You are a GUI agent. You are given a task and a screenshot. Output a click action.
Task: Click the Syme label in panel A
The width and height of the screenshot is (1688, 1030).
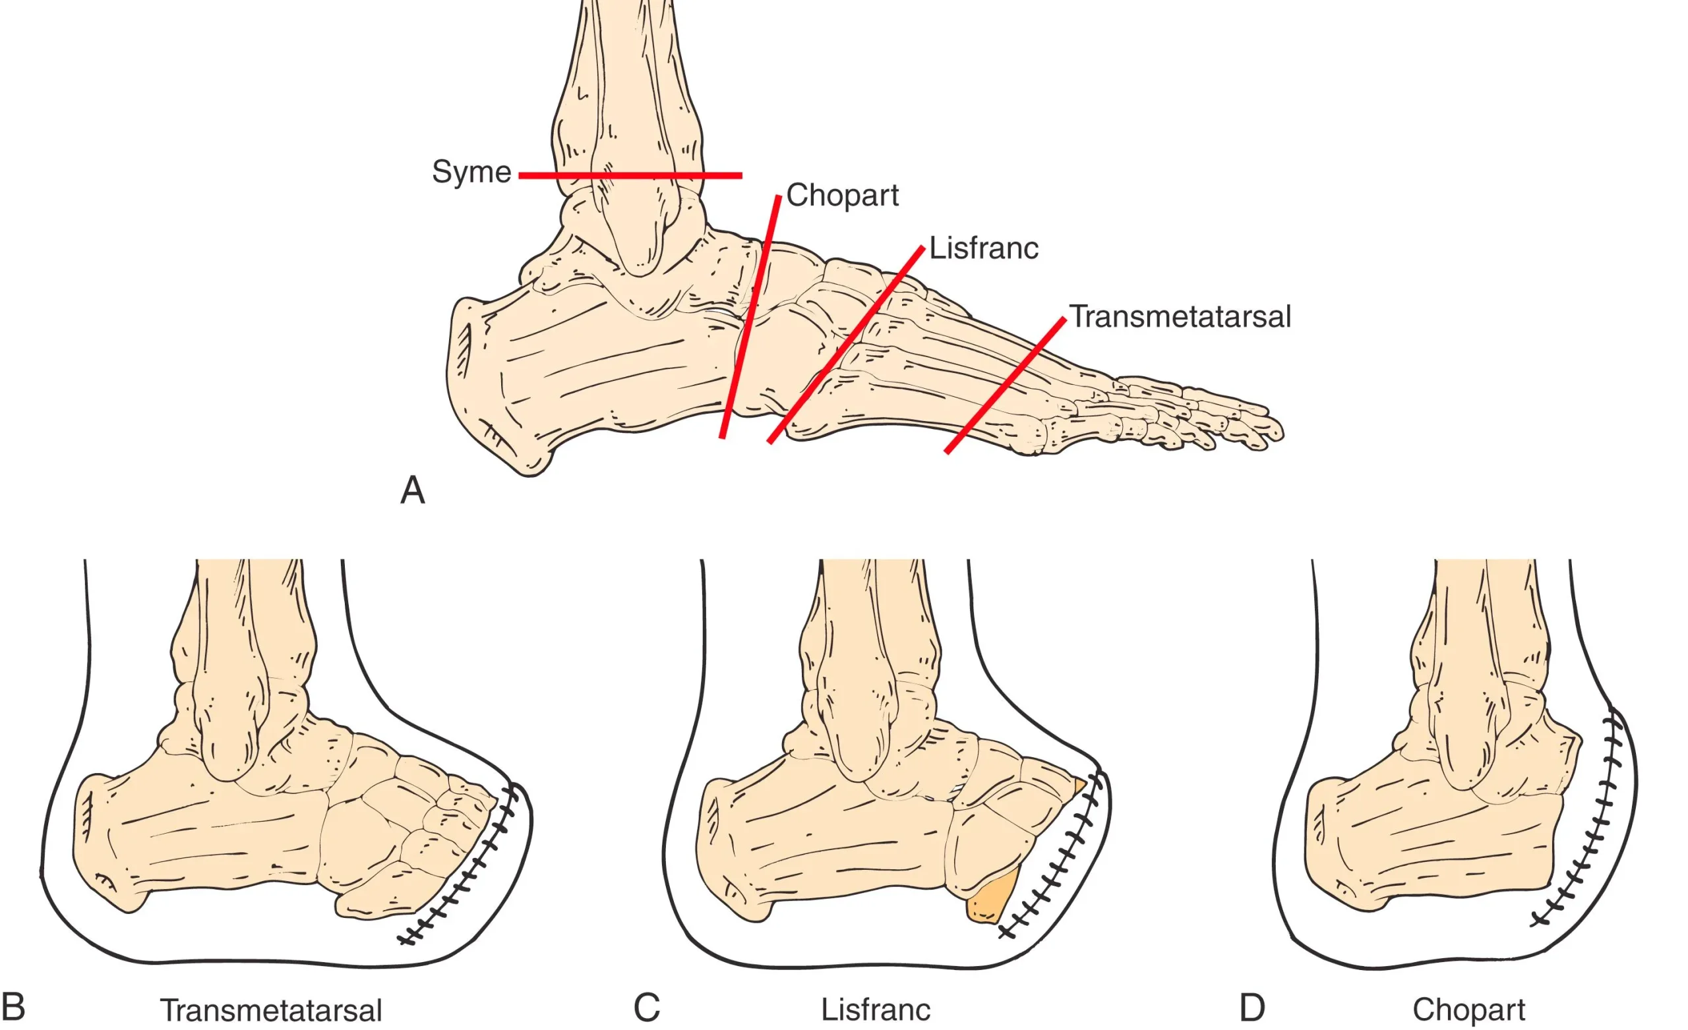(x=471, y=171)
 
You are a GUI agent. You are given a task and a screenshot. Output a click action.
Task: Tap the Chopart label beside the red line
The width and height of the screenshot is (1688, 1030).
(x=842, y=196)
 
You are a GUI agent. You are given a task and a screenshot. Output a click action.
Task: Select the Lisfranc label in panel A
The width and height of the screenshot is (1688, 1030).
(x=983, y=248)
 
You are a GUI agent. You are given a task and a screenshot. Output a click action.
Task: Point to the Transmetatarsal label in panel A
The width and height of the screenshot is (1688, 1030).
(x=1180, y=316)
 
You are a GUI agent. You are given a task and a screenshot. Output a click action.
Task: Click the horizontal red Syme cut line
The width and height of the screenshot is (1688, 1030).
(x=630, y=176)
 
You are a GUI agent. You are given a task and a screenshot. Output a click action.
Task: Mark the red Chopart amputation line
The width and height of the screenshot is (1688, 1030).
(x=750, y=316)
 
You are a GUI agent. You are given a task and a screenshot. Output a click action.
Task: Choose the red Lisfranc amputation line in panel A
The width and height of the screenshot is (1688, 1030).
(x=846, y=345)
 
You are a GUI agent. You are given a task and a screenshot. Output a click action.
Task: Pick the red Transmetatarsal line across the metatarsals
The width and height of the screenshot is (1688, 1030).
(x=1005, y=386)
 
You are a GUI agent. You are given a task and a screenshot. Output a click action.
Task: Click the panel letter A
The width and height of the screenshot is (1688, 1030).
(x=412, y=490)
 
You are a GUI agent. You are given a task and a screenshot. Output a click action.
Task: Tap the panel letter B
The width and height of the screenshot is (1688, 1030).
(x=13, y=1007)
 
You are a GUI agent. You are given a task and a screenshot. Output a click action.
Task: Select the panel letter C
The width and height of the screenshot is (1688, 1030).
(x=646, y=1008)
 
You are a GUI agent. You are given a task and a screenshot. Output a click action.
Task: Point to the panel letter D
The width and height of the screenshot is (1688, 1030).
(x=1251, y=1008)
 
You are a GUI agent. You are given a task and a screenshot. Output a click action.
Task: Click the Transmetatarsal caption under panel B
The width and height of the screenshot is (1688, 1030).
(x=270, y=1010)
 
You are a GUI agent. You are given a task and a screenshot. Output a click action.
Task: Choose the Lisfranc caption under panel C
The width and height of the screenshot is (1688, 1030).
(x=876, y=1009)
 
